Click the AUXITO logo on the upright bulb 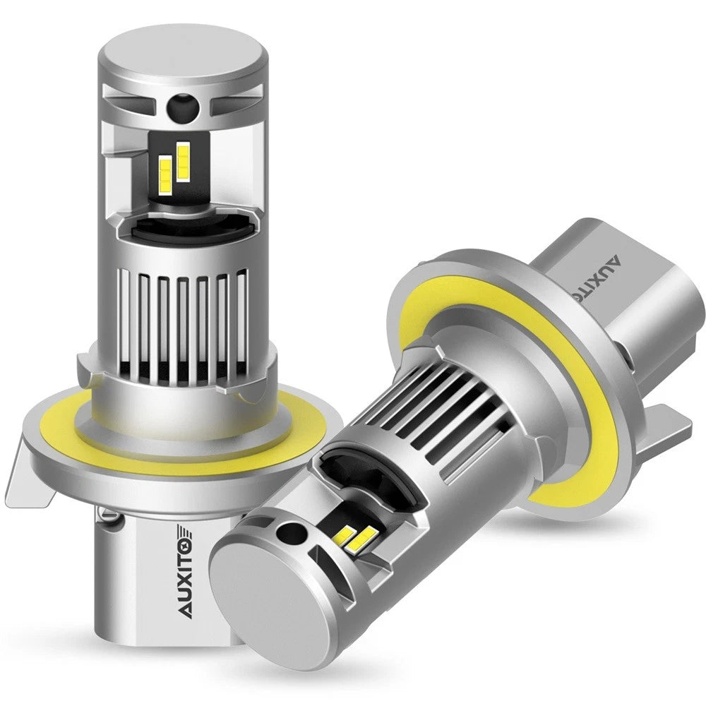point(189,572)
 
